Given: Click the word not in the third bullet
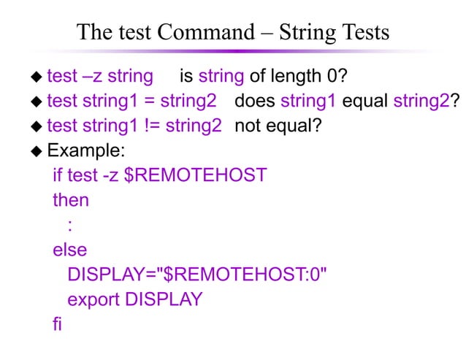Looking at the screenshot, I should click(248, 125).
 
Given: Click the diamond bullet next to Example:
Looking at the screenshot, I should click(37, 151).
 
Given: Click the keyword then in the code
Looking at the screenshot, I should click(70, 200).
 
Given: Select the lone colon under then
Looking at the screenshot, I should click(70, 225).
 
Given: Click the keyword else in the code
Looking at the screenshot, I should click(69, 250).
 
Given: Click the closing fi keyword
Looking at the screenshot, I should click(57, 324).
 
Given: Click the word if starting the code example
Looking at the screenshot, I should click(57, 175).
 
